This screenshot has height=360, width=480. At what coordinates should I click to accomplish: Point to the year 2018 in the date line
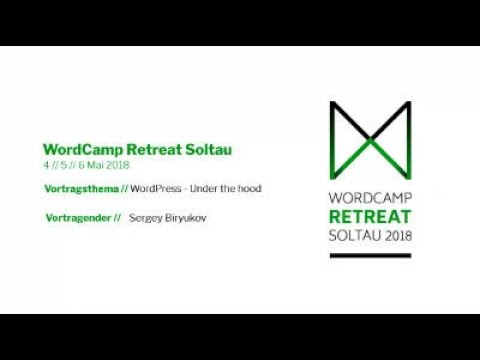click(116, 164)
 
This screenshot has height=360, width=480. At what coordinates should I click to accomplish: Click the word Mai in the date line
click(96, 164)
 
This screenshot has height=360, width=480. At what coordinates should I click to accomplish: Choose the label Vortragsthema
click(79, 188)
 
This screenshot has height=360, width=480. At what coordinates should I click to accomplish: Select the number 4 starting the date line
click(46, 164)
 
